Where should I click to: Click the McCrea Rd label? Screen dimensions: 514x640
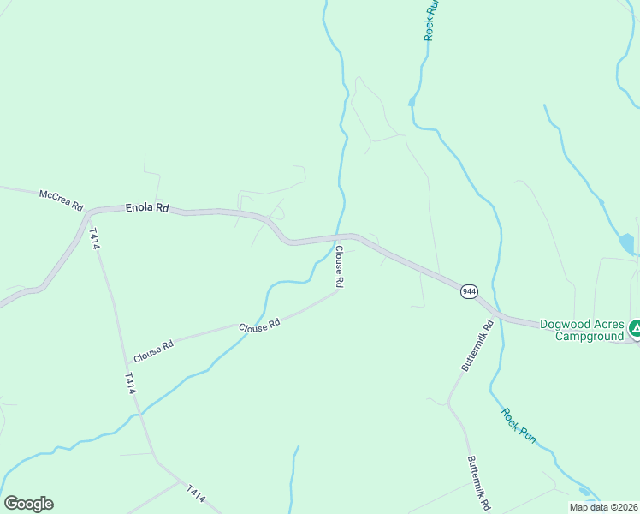coord(60,200)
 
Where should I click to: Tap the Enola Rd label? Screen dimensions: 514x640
coord(147,207)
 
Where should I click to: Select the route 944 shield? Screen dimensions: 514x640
coord(469,291)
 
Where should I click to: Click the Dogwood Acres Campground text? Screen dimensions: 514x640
coord(581,330)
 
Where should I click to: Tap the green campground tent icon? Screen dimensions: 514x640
coord(635,327)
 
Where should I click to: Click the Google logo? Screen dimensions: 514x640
coord(28,504)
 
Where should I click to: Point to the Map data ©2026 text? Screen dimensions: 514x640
coord(603,507)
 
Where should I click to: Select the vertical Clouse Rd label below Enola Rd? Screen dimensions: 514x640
coord(339,266)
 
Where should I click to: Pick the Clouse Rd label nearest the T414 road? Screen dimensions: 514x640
coord(153,350)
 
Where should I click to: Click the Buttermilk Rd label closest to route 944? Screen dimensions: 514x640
coord(477,345)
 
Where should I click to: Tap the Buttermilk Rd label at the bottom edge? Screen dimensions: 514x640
coord(477,483)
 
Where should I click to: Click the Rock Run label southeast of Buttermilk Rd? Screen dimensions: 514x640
coord(519,425)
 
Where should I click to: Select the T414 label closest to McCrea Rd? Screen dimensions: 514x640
coord(94,239)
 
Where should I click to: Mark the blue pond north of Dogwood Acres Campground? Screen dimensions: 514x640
coord(628,245)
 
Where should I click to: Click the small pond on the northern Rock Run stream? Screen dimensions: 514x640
coord(412,101)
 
